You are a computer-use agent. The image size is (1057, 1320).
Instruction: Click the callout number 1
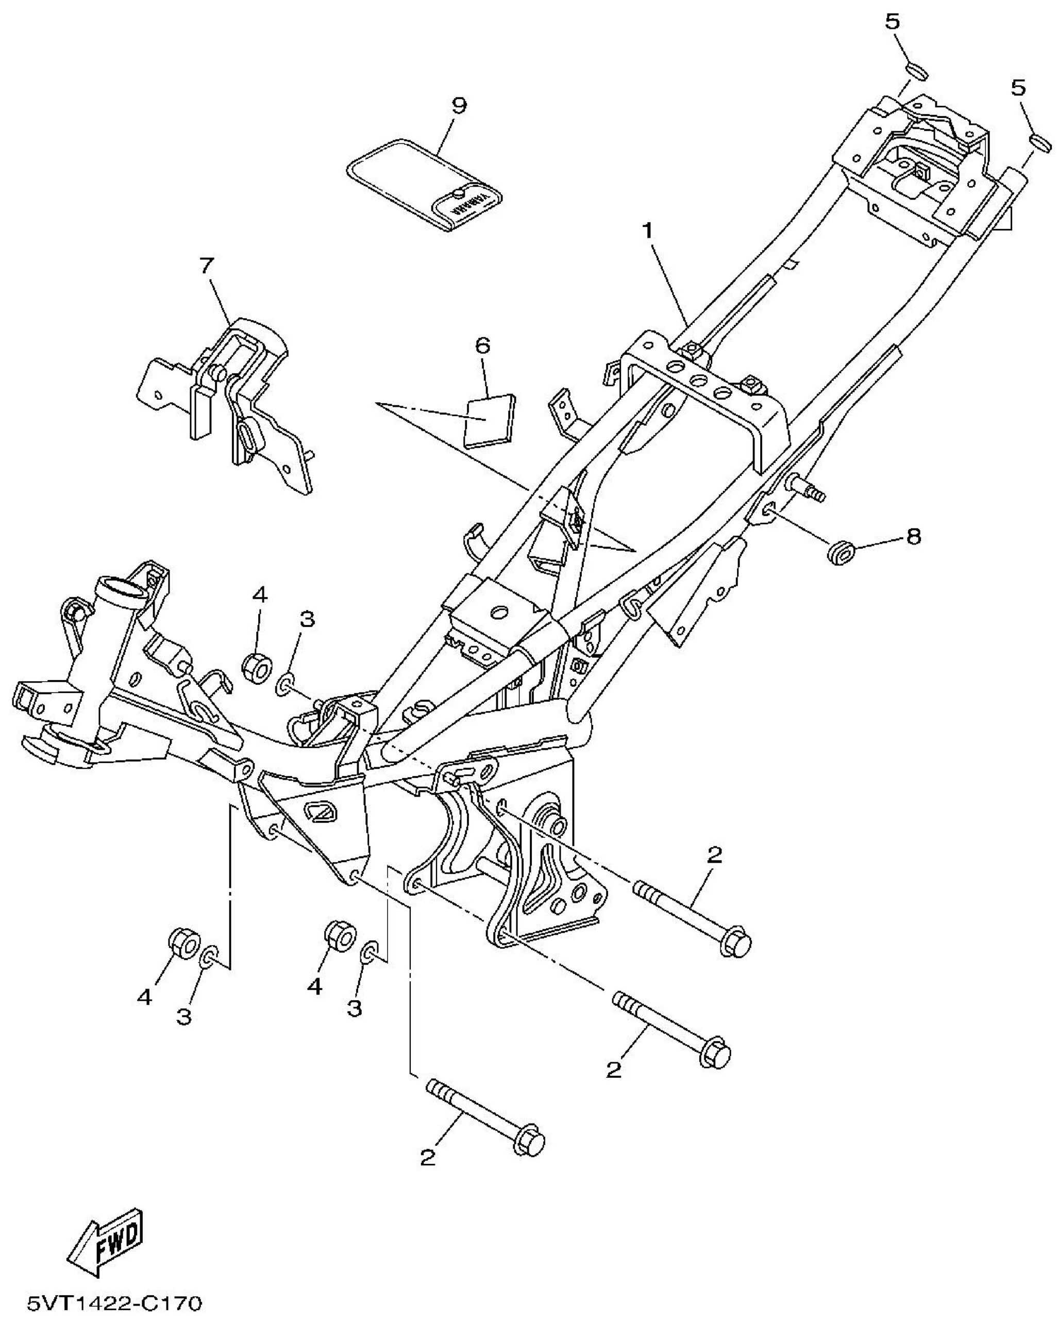click(x=647, y=232)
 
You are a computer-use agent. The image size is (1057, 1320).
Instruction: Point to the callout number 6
click(x=483, y=346)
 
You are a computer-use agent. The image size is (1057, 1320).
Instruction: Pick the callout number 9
click(x=459, y=105)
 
